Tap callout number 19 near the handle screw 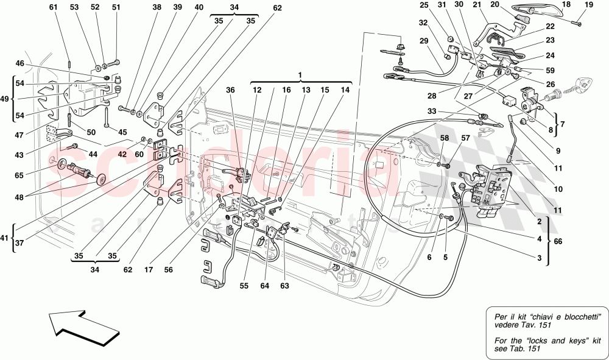tap(589, 5)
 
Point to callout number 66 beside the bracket tap(557, 241)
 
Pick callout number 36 tap(230, 90)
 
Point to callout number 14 tap(345, 90)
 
